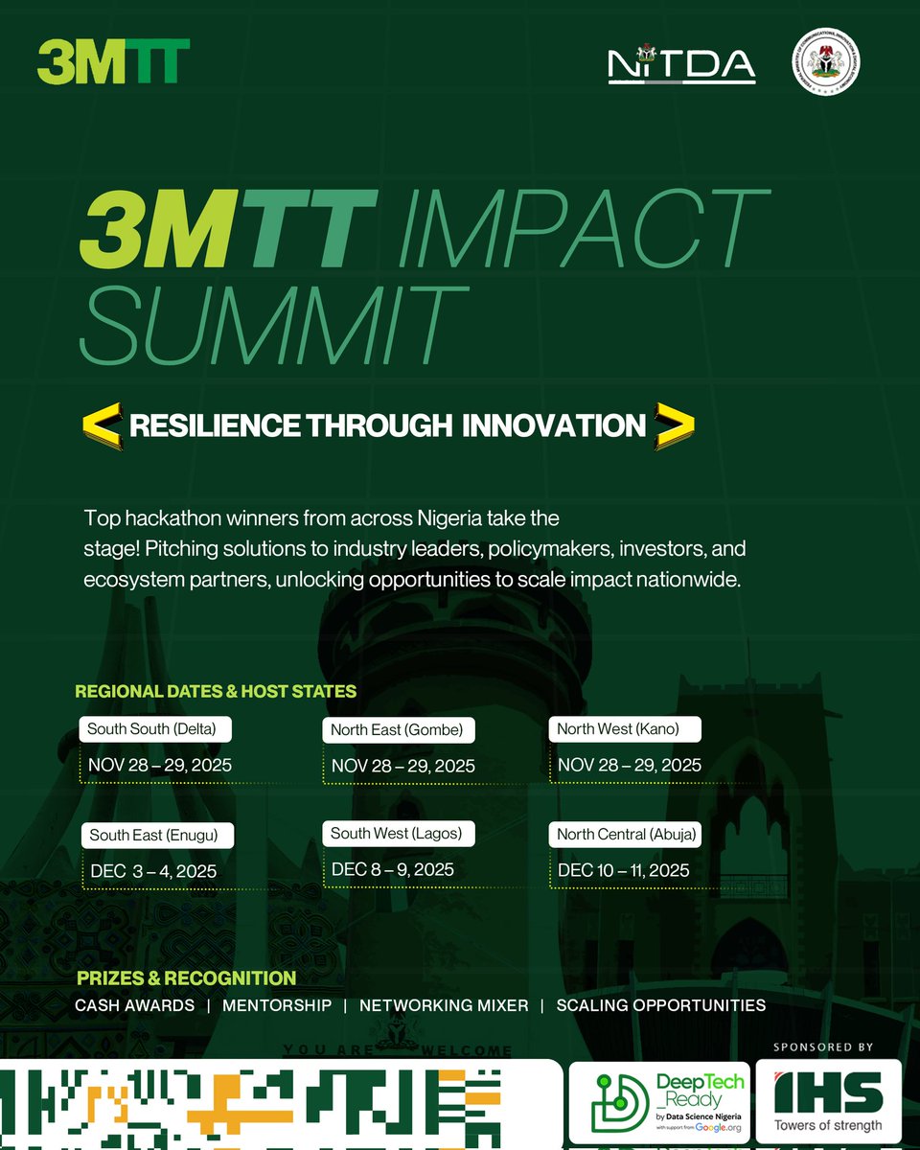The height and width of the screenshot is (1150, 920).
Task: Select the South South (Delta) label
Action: pyautogui.click(x=151, y=729)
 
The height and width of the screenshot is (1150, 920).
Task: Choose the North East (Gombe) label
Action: pyautogui.click(x=397, y=730)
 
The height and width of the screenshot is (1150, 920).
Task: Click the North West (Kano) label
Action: pyautogui.click(x=618, y=729)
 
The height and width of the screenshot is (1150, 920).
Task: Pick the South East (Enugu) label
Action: pyautogui.click(x=154, y=836)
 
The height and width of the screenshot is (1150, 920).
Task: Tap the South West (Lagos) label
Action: pyautogui.click(x=396, y=834)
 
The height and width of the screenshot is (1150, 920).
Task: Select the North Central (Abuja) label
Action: pyautogui.click(x=627, y=835)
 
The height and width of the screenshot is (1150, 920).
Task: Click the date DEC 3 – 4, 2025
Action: pyautogui.click(x=152, y=871)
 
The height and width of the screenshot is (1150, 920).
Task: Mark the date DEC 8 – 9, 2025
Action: pyautogui.click(x=393, y=869)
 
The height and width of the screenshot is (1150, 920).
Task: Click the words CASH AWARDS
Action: pyautogui.click(x=134, y=1005)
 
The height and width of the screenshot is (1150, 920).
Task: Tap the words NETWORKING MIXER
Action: pyautogui.click(x=444, y=1005)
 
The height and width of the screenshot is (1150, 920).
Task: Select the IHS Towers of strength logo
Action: pyautogui.click(x=828, y=1100)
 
